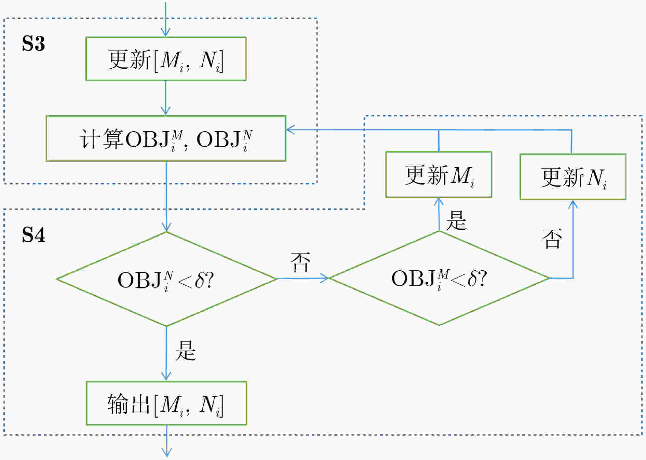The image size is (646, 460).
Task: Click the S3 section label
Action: (x=33, y=43)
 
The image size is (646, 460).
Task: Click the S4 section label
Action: (x=33, y=235)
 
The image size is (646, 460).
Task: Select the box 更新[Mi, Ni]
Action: (x=166, y=59)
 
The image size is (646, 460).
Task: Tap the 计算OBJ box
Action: (x=166, y=138)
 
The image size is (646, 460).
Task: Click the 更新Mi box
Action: (x=439, y=175)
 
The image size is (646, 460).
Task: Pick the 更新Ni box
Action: (x=573, y=177)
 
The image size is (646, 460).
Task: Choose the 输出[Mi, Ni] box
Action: (x=166, y=403)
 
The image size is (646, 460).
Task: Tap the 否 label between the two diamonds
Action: (x=300, y=262)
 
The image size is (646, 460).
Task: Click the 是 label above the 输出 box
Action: (x=186, y=351)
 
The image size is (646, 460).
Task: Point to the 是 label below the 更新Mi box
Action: (x=456, y=220)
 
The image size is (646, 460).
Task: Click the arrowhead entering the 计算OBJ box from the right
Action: (x=291, y=130)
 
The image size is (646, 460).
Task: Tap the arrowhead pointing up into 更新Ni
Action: (x=573, y=204)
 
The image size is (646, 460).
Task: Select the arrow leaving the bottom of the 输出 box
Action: (x=166, y=441)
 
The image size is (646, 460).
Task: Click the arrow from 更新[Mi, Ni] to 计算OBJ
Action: (x=166, y=98)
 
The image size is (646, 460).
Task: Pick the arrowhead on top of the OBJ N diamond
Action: (x=166, y=227)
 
